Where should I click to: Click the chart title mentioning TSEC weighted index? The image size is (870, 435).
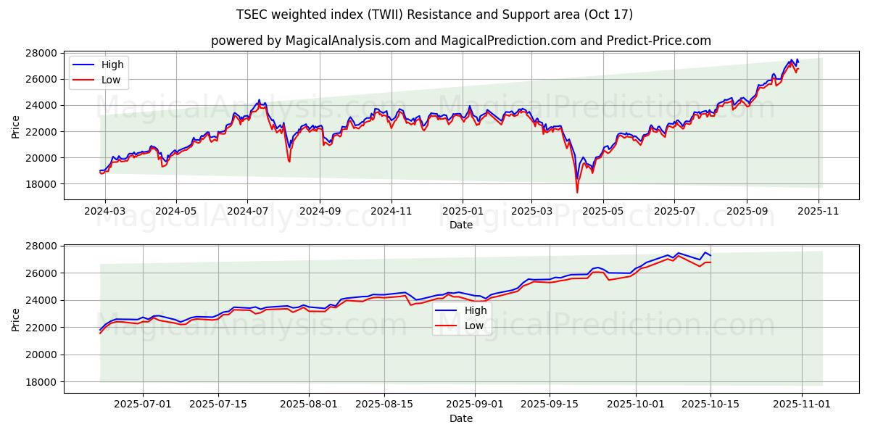coord(434,14)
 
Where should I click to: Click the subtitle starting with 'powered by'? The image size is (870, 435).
coord(460,41)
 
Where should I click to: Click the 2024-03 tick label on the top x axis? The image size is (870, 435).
coord(105,211)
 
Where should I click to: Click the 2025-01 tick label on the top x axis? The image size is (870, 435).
coord(463,211)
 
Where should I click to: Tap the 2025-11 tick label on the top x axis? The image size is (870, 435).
coord(819,211)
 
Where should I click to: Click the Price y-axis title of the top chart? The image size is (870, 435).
coord(16,126)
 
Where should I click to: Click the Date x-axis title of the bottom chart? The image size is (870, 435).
coord(461,418)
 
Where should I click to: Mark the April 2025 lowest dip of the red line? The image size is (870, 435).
coord(577,192)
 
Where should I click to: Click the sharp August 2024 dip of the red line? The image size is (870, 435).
coord(289,161)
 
